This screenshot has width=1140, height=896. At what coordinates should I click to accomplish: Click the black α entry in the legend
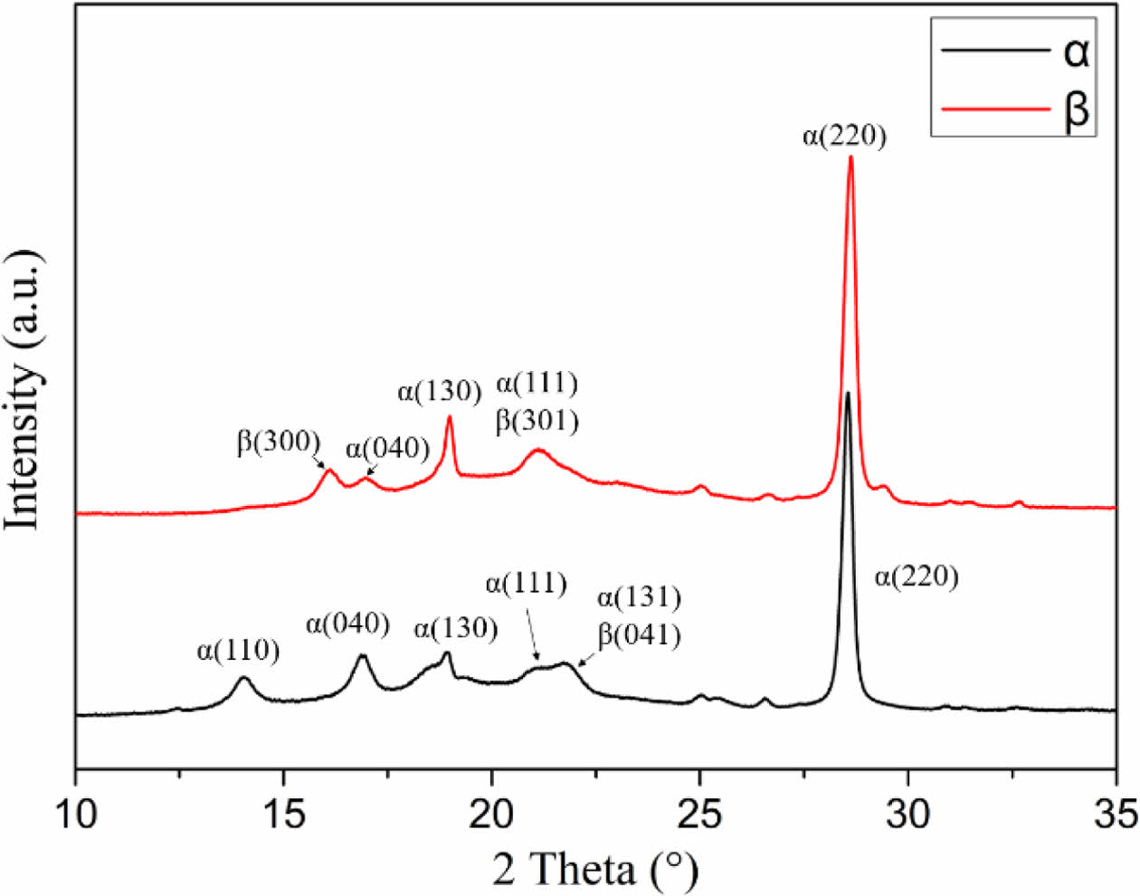pyautogui.click(x=1013, y=52)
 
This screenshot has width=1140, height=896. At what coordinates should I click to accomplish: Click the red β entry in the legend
pyautogui.click(x=1013, y=110)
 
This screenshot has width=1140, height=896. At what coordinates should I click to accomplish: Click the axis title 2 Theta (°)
pyautogui.click(x=596, y=870)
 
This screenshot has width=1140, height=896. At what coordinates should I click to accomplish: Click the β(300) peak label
pyautogui.click(x=279, y=442)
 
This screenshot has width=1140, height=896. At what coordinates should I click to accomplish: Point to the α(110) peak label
pyautogui.click(x=238, y=650)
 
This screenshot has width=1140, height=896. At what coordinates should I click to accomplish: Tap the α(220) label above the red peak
pyautogui.click(x=843, y=137)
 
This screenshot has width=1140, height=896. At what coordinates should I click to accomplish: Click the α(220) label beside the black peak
pyautogui.click(x=916, y=577)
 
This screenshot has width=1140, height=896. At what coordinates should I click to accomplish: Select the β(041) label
pyautogui.click(x=639, y=634)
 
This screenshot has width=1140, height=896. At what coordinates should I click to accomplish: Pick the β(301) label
pyautogui.click(x=537, y=421)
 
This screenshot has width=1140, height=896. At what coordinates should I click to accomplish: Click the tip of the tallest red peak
pyautogui.click(x=850, y=157)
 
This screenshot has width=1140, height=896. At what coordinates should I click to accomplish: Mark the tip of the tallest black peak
pyautogui.click(x=848, y=393)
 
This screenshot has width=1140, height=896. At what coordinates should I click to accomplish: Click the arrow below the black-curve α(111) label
pyautogui.click(x=532, y=633)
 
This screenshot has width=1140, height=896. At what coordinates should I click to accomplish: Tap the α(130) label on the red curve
pyautogui.click(x=439, y=392)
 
